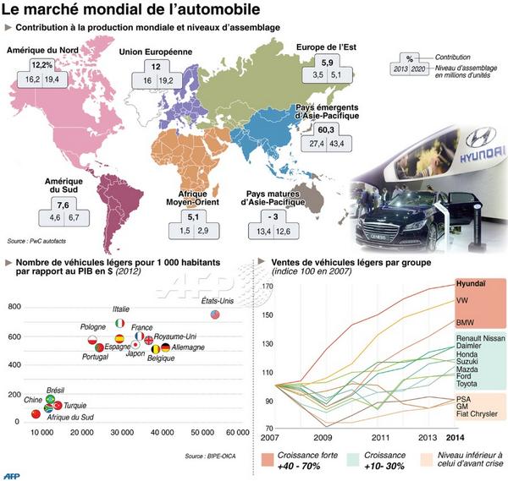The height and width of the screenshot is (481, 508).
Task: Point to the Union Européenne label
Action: (x=155, y=52)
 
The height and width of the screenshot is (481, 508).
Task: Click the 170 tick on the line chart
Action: (x=268, y=287)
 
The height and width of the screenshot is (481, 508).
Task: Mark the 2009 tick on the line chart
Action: (x=323, y=438)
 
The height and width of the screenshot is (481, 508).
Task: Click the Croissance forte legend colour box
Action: (x=268, y=460)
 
